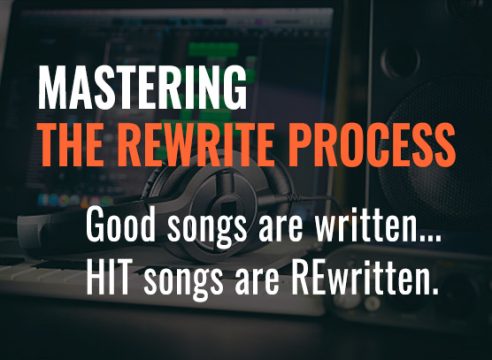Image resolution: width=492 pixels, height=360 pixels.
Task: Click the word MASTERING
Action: click(x=142, y=89)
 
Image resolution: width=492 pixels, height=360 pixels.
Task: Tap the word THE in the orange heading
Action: click(x=67, y=147)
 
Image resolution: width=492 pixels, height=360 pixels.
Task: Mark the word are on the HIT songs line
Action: click(x=246, y=277)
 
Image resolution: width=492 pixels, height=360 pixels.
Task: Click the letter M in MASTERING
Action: click(x=52, y=89)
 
